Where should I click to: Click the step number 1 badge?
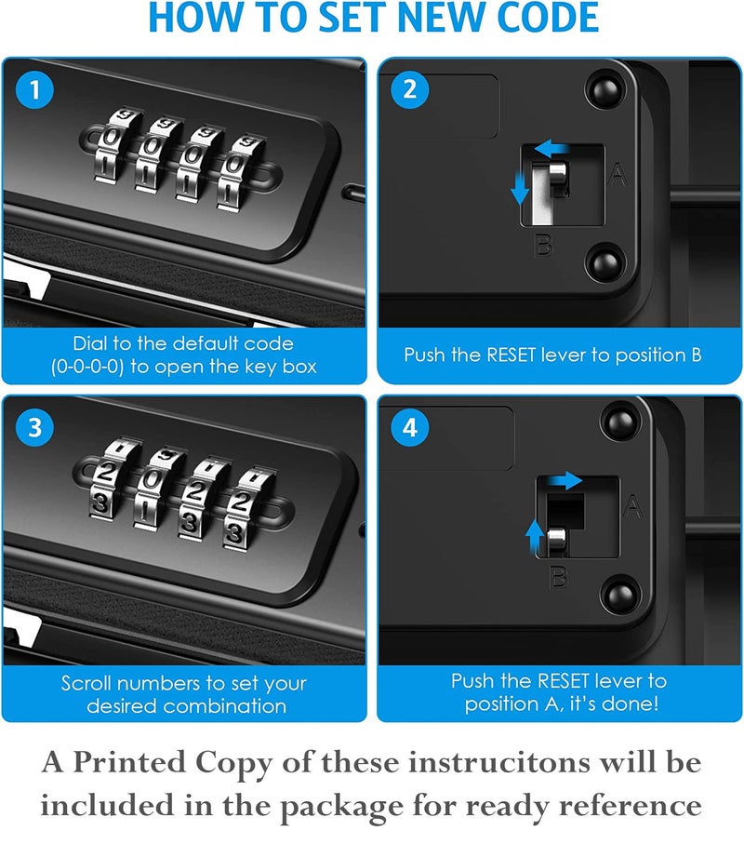pos(34,89)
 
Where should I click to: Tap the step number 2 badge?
pos(409,89)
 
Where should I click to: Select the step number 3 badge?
pos(34,427)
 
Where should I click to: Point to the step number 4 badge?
pos(409,427)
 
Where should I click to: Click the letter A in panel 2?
pos(618,174)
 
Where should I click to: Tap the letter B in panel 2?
pos(543,245)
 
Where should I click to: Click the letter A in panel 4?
pos(632,506)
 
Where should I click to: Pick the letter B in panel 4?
pos(559,577)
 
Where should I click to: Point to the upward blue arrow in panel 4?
pos(534,537)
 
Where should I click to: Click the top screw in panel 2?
pos(605,88)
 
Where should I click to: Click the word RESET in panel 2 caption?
pos(511,355)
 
